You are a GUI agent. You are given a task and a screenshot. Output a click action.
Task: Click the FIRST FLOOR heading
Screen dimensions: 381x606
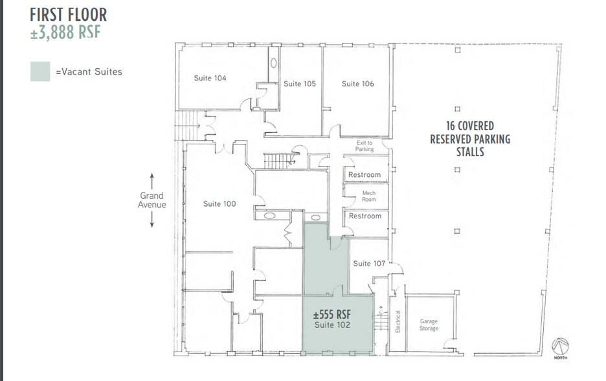[x=69, y=14]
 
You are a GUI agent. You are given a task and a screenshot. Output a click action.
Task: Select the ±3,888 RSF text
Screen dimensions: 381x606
[x=65, y=32]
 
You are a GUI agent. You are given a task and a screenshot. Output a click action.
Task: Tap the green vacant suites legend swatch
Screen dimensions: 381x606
[x=40, y=71]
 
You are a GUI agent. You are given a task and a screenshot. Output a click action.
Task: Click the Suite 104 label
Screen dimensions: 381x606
[x=210, y=78]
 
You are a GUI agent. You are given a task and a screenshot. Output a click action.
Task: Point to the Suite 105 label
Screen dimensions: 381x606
[x=300, y=84]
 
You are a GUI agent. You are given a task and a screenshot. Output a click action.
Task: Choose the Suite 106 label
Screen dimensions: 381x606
[x=357, y=84]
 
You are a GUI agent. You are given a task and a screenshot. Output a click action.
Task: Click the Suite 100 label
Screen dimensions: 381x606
[x=219, y=203]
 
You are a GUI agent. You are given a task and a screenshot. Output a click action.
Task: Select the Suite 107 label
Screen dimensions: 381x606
[x=369, y=263]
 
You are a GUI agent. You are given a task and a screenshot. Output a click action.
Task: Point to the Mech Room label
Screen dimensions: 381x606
[x=368, y=195]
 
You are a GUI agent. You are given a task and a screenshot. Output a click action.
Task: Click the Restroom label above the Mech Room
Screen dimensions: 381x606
[x=365, y=175]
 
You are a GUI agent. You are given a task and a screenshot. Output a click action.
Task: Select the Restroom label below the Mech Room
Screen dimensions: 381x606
[x=365, y=216]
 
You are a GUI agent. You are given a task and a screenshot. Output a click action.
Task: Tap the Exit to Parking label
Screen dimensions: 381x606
[x=365, y=146]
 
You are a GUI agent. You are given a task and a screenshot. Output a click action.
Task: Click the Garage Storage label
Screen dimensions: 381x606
[x=429, y=325]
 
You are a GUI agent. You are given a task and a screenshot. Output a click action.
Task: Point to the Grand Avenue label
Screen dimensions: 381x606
[x=151, y=200]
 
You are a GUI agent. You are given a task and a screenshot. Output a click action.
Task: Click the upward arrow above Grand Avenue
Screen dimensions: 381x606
[x=151, y=179]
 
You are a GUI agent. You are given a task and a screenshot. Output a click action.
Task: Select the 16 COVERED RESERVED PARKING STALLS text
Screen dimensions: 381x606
[x=470, y=139]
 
